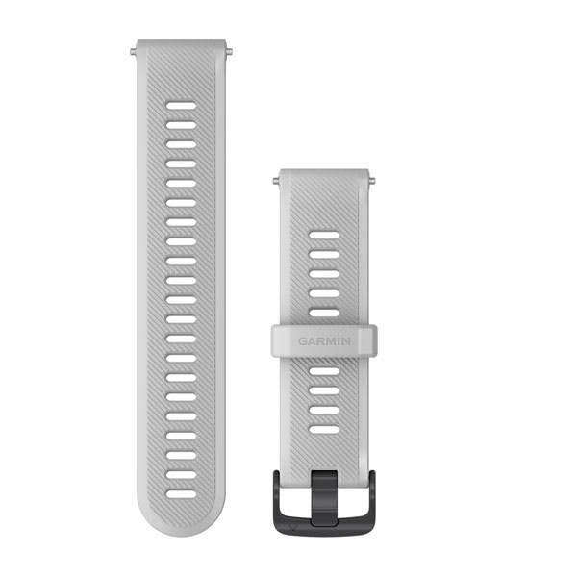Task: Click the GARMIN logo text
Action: (324, 339)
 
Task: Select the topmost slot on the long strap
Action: (180, 105)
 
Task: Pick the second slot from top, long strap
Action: (180, 124)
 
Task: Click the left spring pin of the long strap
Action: (134, 44)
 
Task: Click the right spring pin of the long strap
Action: (227, 44)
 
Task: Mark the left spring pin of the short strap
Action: (277, 179)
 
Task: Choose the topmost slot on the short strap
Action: (324, 235)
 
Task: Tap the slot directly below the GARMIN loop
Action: (324, 370)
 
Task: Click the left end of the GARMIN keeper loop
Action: (276, 339)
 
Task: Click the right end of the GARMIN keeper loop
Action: (372, 339)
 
